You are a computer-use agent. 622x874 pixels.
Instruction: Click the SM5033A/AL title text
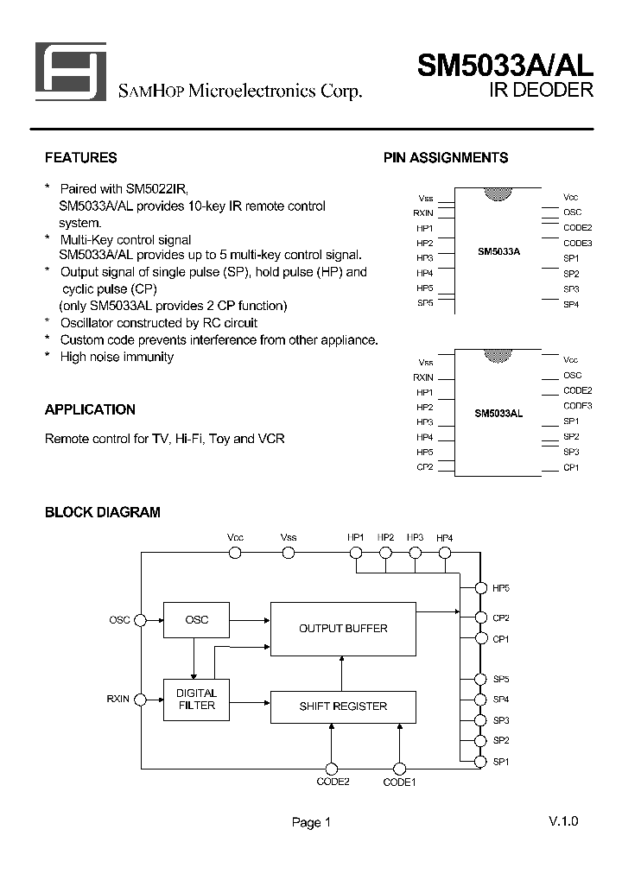click(x=505, y=66)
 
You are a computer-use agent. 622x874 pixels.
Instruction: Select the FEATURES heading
click(x=80, y=158)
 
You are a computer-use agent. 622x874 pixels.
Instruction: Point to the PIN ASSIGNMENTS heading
click(x=445, y=158)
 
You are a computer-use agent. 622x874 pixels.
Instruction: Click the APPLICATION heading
click(x=90, y=409)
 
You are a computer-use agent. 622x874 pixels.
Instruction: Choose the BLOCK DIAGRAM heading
click(x=102, y=512)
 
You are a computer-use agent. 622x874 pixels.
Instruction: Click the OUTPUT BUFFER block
click(x=343, y=628)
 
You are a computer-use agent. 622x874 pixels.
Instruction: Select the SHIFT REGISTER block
click(x=343, y=706)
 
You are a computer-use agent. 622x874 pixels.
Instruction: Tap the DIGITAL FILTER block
click(x=196, y=700)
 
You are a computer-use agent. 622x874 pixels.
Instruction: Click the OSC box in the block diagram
click(x=196, y=620)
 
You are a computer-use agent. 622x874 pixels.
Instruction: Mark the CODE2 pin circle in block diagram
click(x=331, y=768)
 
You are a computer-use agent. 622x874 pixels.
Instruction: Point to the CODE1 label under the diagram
click(x=399, y=782)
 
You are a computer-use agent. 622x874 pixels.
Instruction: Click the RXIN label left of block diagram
click(x=118, y=700)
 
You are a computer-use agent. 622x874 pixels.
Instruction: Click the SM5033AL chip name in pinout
click(x=498, y=414)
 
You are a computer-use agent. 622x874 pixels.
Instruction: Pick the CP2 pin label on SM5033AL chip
click(x=425, y=467)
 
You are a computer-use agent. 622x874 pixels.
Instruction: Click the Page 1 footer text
click(x=311, y=823)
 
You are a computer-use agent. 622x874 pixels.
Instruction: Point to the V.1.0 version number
click(x=562, y=820)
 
